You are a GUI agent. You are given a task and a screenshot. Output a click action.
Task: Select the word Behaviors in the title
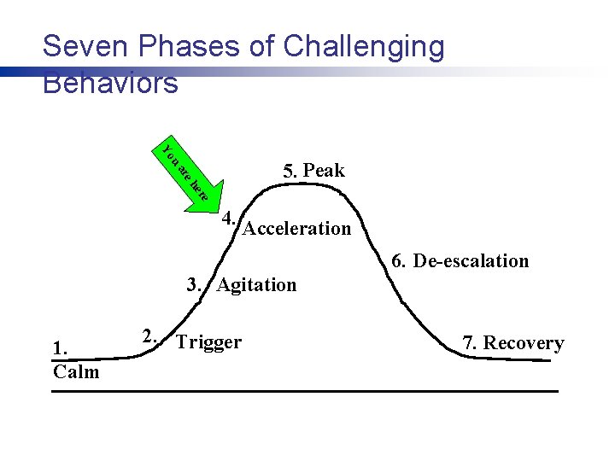point(110,83)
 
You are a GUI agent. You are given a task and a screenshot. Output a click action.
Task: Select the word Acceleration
point(297,229)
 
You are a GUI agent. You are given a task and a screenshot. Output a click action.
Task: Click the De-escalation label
point(471,261)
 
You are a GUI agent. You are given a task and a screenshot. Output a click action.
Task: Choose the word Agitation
point(256,285)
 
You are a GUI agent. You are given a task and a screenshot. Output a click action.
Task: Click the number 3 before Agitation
point(194,285)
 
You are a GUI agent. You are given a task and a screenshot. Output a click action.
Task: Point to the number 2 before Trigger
point(148,335)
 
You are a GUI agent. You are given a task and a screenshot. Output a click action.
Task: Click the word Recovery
point(524,343)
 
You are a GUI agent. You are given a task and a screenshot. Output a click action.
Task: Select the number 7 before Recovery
point(469,343)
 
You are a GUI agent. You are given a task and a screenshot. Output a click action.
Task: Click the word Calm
point(76,372)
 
